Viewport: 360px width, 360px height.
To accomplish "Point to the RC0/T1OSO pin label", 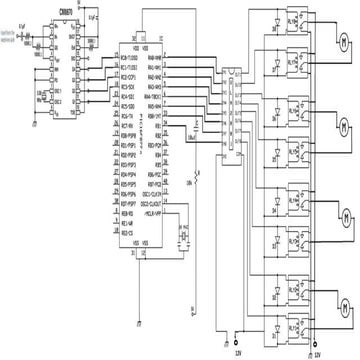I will tap(131, 56).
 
